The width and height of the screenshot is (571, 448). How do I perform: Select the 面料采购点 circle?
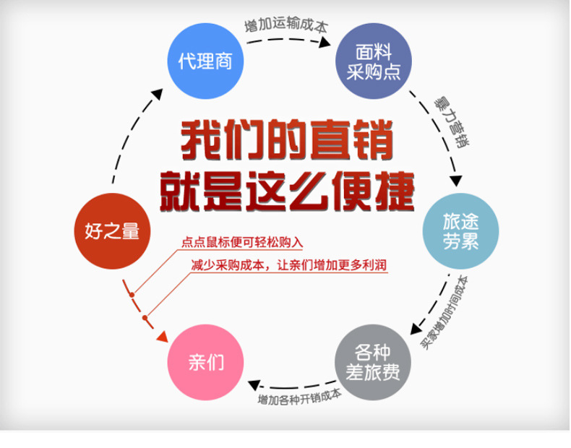[x=374, y=63]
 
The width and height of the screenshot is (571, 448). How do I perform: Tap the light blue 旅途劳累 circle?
[x=460, y=233]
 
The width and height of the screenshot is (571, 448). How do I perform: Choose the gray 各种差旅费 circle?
[x=374, y=363]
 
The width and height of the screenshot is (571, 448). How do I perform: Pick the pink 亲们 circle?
[x=205, y=362]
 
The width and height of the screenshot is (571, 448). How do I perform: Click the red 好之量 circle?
[x=111, y=232]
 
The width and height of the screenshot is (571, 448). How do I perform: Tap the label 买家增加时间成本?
[x=445, y=312]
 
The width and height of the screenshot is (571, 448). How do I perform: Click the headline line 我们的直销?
[x=286, y=140]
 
